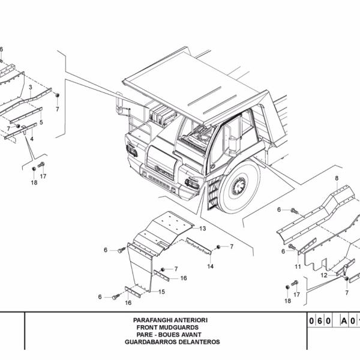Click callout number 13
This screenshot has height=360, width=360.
203,229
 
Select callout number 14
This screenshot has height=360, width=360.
211,266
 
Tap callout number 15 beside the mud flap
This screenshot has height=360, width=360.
162,292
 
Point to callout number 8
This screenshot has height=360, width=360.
337,178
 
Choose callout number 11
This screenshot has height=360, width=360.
298,266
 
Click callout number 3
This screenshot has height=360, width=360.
30,88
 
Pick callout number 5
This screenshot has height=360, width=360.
41,122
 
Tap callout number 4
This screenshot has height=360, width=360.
32,139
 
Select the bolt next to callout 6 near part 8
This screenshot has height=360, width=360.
294,210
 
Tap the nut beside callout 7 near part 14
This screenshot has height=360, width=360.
218,247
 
